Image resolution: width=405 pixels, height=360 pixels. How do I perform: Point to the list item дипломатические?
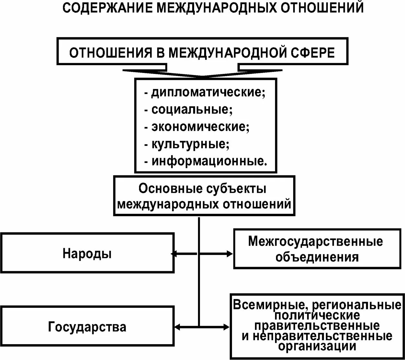coord(208,92)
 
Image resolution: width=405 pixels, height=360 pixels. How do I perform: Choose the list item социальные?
coord(192,110)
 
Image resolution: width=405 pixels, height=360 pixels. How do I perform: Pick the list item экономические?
coord(200,127)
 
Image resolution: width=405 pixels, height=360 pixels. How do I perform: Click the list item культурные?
coord(190,144)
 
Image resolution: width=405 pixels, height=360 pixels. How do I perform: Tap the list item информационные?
coord(209,161)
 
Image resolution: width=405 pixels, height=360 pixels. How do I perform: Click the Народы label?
coord(87,253)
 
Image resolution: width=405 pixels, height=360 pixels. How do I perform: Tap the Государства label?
coord(87,327)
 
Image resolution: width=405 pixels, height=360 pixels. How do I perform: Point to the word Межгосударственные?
coord(315,241)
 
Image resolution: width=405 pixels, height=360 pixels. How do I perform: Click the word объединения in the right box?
coord(317,257)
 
